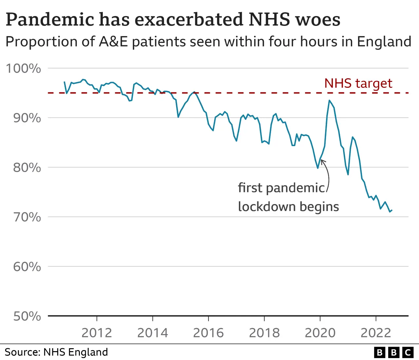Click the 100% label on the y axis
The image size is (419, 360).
pos(24,68)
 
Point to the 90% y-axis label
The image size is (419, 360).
pos(27,118)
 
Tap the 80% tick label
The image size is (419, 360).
pos(27,167)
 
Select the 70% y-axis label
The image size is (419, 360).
pos(27,217)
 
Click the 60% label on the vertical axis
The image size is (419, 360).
pos(27,267)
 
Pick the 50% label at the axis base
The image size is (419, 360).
pos(27,316)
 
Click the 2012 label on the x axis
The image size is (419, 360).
pos(97,333)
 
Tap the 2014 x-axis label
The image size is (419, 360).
pos(153,333)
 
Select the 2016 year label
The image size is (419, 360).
pos(208,333)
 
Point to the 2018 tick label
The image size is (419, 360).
pos(264,333)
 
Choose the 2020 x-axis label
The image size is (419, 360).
pos(320,333)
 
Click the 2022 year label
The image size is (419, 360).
pos(376,333)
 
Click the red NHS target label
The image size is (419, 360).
pos(358,83)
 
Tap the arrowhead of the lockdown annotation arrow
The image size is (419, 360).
pos(322,160)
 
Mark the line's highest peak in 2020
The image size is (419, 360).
pos(329,100)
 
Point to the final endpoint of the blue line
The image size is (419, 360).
pos(392,210)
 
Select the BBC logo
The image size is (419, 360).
pos(394,352)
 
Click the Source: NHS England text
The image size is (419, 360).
pos(56,352)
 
